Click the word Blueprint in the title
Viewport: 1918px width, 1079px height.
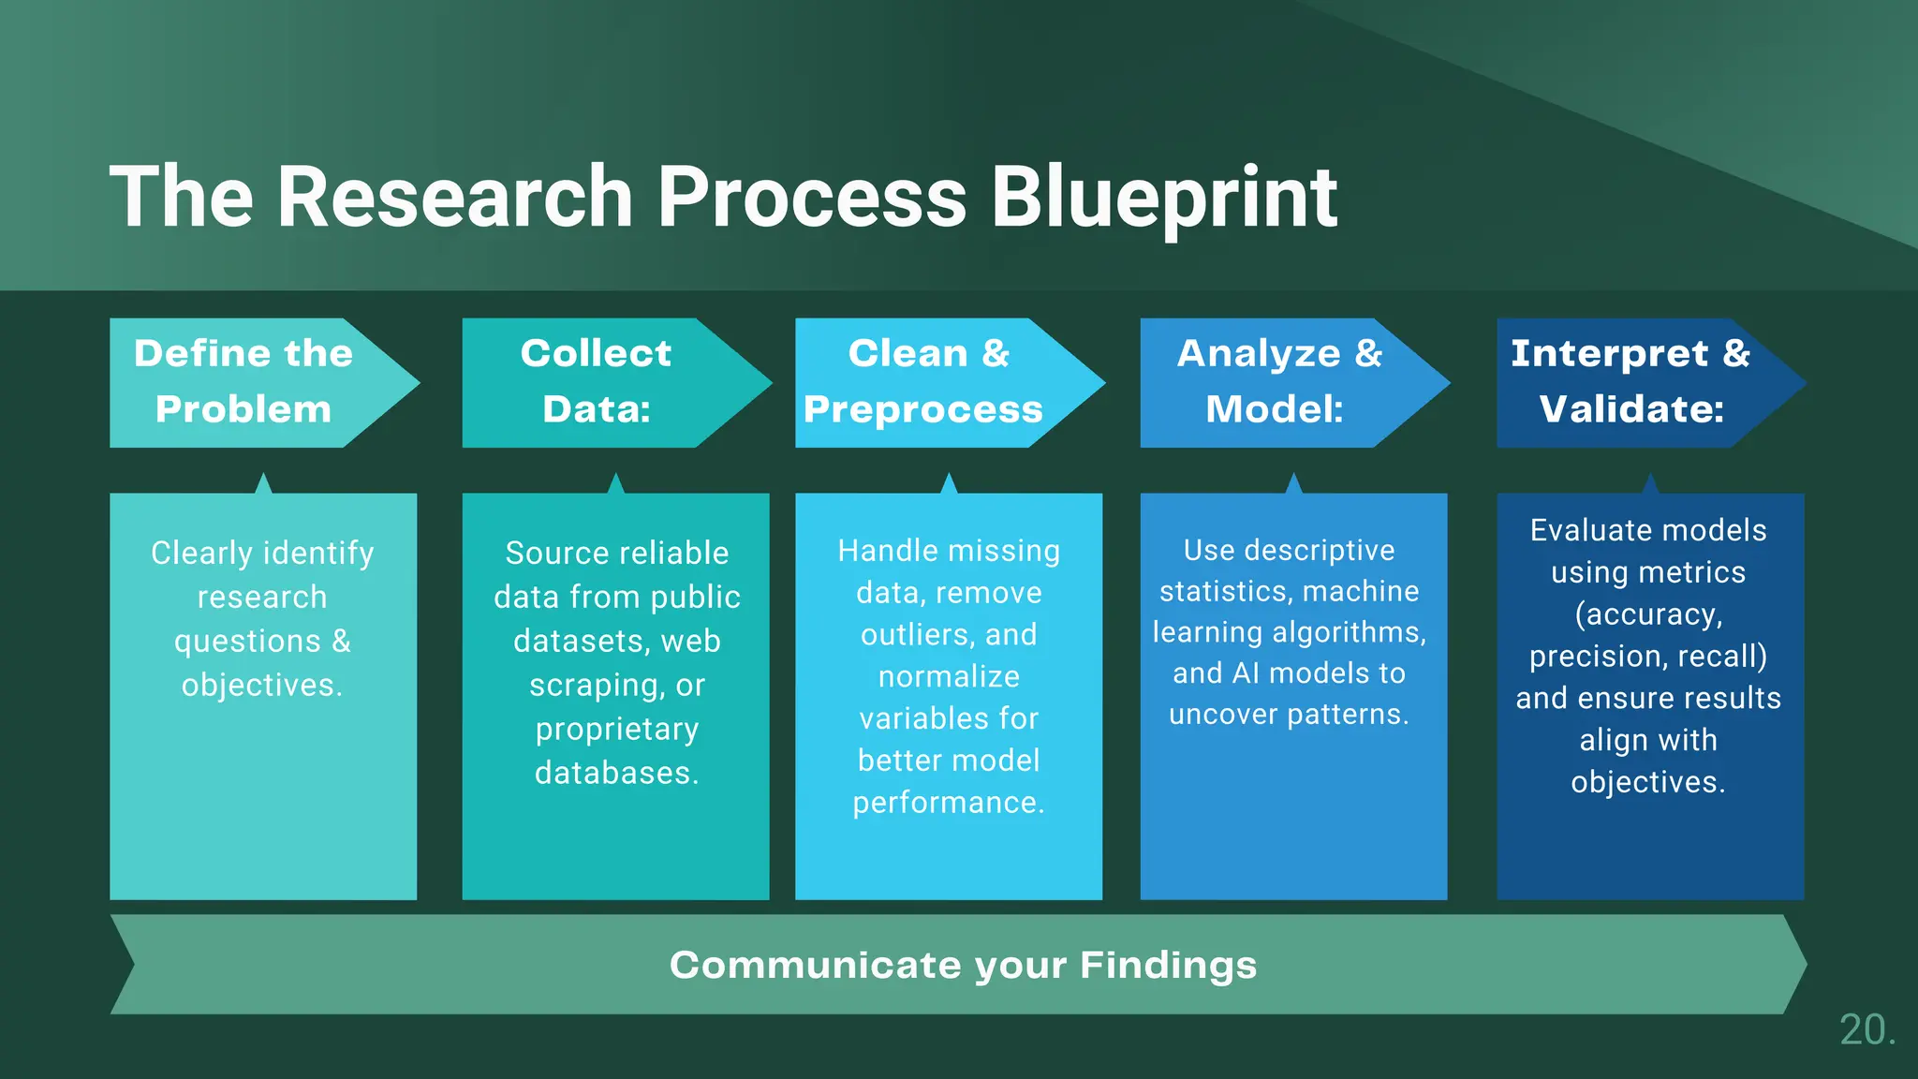[1164, 197]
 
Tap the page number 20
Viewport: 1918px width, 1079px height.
[1866, 1029]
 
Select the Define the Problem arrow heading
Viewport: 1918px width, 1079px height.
[244, 381]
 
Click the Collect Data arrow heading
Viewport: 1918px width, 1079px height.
[597, 381]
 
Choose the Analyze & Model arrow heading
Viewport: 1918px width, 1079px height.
[1277, 381]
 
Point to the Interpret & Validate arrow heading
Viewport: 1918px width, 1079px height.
[1630, 381]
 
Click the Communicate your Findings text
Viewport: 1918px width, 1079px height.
[963, 965]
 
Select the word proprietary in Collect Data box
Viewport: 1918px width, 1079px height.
[617, 730]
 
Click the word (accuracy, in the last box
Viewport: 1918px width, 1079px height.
[1648, 614]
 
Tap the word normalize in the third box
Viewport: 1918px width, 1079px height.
[949, 676]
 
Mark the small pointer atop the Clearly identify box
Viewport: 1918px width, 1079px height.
[263, 483]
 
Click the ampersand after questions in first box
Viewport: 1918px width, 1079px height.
[341, 642]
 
